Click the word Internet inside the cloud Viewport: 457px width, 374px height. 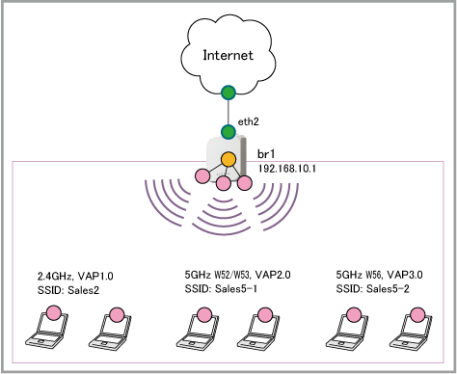pos(228,55)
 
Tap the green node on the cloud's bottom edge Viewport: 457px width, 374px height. pos(228,93)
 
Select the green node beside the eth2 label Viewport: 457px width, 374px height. pos(228,132)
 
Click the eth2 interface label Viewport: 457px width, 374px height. pos(248,121)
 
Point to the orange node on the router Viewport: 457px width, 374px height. pos(228,159)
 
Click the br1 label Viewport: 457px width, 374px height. pos(266,154)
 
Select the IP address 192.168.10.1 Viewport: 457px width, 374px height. pos(287,169)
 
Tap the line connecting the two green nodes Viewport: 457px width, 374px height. pos(228,112)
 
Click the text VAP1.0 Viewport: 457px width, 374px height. pos(95,276)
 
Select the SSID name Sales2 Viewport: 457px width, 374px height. pos(83,290)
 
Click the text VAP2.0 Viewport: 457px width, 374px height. pos(273,275)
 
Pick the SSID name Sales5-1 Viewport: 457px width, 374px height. pos(236,289)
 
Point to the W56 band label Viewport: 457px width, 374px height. pos(373,275)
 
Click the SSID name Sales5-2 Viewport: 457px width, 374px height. pos(388,289)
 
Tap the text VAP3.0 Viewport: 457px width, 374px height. pos(405,275)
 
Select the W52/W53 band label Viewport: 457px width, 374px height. pos(233,275)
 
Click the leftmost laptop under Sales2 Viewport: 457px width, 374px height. pos(46,330)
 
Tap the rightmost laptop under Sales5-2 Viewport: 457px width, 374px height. pos(411,331)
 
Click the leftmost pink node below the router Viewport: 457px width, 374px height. pos(202,176)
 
